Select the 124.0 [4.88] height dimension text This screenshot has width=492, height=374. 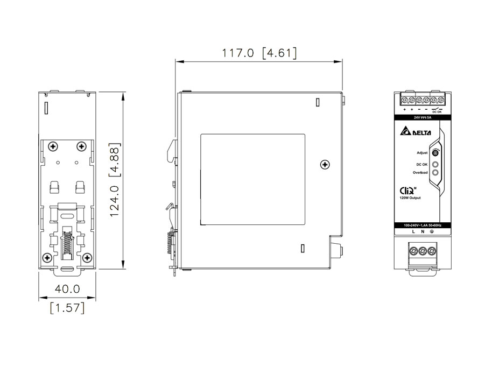point(115,180)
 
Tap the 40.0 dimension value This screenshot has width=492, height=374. point(67,290)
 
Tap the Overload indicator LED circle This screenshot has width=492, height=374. point(435,173)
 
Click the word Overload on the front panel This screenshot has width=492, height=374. point(420,173)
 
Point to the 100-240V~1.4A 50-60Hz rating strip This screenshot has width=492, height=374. point(423,224)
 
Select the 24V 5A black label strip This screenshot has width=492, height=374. point(423,116)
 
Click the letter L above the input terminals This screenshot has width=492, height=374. point(413,232)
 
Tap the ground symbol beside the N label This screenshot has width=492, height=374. point(432,232)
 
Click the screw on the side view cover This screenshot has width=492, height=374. point(324,164)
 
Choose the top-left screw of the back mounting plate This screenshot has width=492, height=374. point(53,146)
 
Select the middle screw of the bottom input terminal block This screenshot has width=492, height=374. point(423,250)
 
